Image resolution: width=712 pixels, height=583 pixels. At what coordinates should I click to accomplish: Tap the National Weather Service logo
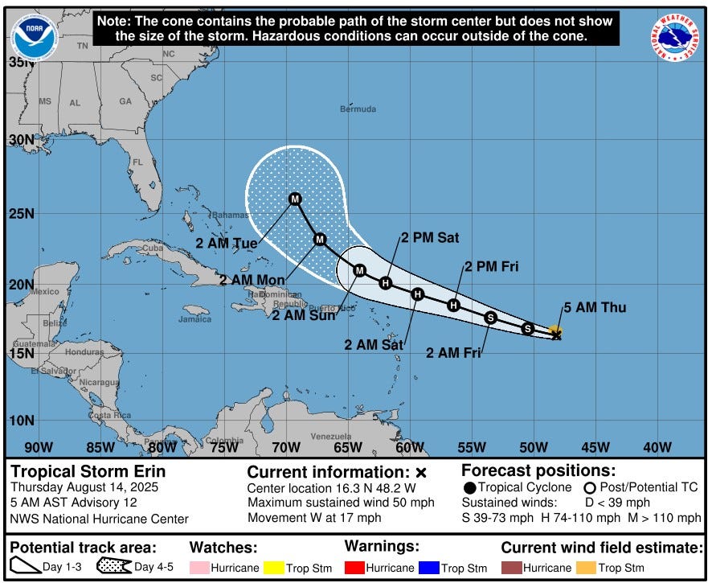(x=675, y=38)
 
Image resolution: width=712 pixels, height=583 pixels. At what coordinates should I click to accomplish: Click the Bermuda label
(x=358, y=109)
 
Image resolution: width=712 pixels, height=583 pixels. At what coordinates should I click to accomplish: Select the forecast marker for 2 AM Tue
(x=295, y=199)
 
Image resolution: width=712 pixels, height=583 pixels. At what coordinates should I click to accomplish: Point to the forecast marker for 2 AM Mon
(x=320, y=239)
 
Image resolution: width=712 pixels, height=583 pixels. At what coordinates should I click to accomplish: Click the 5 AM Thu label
(x=594, y=307)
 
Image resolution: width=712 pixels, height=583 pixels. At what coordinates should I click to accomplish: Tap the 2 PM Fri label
(x=490, y=267)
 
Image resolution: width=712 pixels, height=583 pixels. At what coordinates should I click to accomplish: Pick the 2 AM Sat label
(x=374, y=344)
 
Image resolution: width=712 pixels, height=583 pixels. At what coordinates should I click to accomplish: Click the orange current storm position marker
(x=554, y=331)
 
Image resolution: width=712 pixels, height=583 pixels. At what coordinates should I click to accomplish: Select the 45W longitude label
(x=595, y=447)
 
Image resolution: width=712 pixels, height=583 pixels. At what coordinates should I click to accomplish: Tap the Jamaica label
(x=194, y=318)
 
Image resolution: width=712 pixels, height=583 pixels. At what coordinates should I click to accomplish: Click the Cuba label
(x=152, y=248)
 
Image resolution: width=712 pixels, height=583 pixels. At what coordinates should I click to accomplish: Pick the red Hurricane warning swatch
(x=354, y=568)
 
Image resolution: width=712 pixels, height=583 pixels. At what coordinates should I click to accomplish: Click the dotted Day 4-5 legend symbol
(x=114, y=566)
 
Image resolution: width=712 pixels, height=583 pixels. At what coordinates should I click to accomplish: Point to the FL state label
(x=137, y=162)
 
